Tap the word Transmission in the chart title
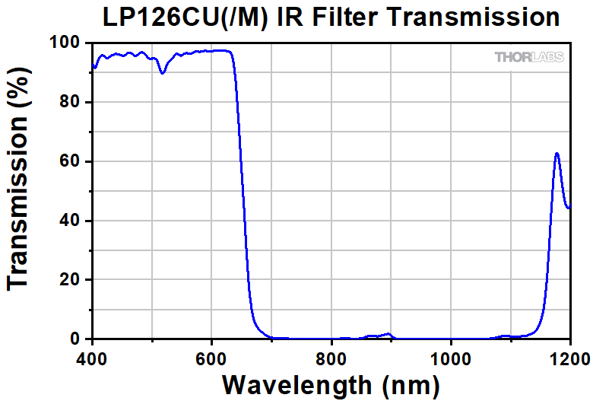[473, 17]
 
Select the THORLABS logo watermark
[529, 57]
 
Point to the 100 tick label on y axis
[65, 43]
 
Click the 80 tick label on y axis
[70, 102]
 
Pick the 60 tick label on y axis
[70, 161]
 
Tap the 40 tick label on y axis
[70, 221]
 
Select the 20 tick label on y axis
[70, 279]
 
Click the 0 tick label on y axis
[75, 339]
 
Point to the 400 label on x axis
[92, 358]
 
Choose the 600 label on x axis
[211, 358]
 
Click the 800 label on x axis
[331, 358]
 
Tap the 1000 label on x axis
[451, 358]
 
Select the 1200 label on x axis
[569, 358]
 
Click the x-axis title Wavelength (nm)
[331, 386]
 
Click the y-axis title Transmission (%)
[17, 179]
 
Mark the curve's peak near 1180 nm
[557, 153]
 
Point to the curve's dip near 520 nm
[162, 73]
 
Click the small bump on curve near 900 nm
[388, 333]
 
